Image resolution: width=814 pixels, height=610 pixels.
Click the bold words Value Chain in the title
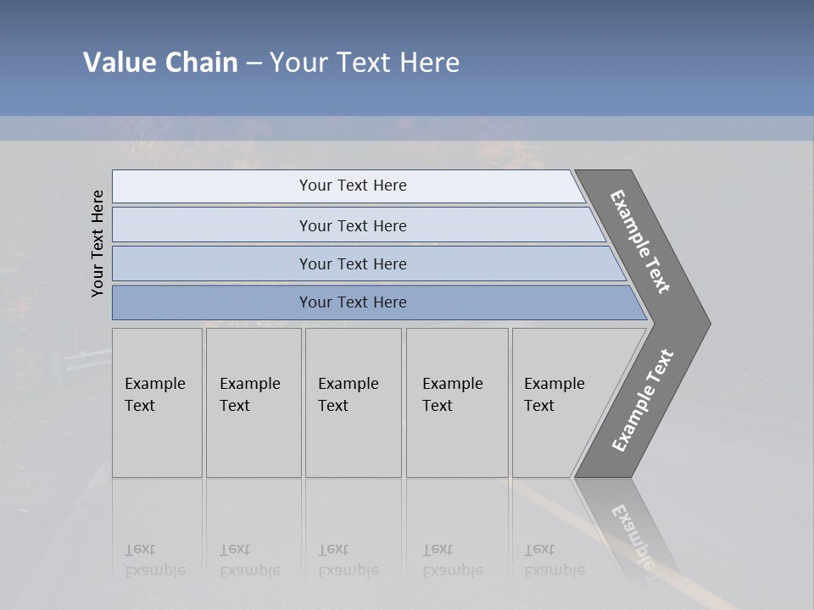(x=160, y=63)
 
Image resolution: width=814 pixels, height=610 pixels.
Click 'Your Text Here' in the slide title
(x=365, y=63)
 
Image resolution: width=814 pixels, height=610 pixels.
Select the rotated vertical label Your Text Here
(x=98, y=243)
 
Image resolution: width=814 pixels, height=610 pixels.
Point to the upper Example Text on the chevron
(x=640, y=241)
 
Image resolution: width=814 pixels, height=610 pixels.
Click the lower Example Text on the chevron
(x=643, y=400)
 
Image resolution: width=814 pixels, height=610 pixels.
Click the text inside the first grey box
(x=154, y=395)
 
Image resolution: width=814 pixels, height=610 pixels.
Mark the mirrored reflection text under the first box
(x=154, y=561)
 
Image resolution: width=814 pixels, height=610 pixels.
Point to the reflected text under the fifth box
(x=554, y=561)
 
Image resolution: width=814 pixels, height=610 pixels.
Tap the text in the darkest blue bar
(x=353, y=302)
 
